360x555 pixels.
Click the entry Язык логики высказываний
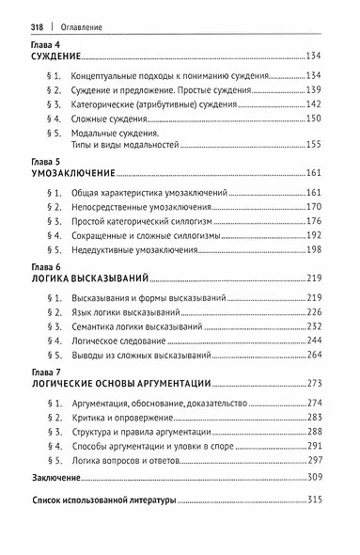(126, 311)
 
